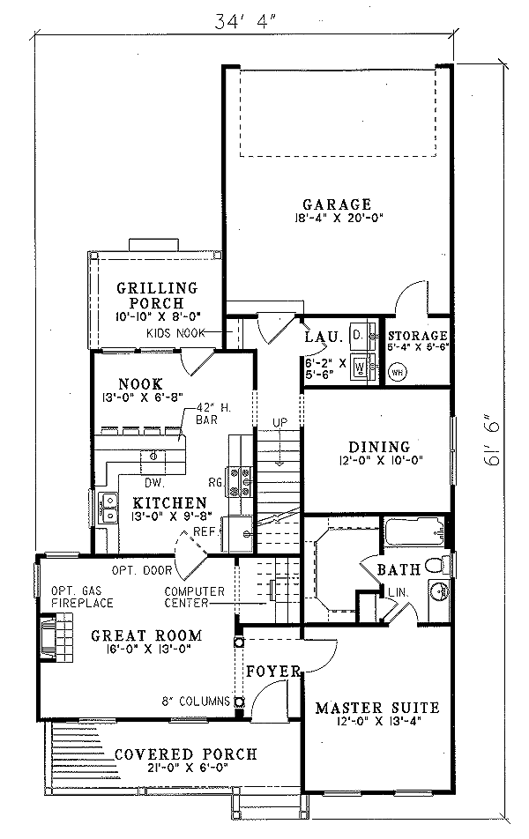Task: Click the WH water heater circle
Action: pos(396,370)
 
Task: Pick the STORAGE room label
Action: pos(418,336)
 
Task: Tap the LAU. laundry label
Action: pos(317,338)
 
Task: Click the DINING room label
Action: pos(379,447)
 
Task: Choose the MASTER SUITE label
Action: pos(376,707)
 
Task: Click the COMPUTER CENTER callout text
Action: pos(194,597)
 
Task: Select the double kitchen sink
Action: pos(111,509)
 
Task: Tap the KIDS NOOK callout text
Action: pos(176,332)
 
